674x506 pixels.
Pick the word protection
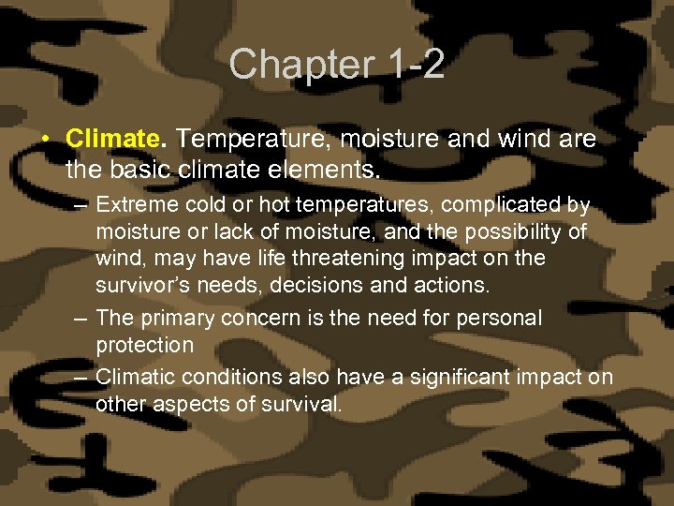[x=144, y=345]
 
